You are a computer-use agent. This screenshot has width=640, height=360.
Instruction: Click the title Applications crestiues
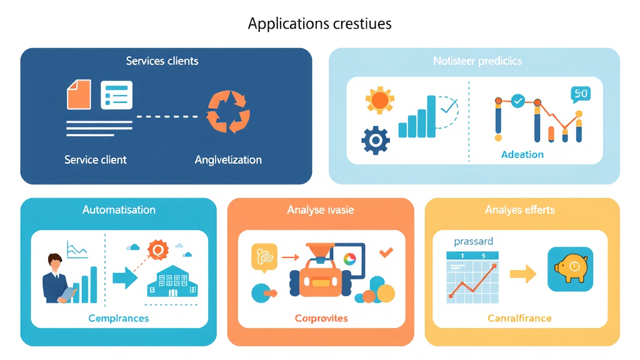(x=319, y=24)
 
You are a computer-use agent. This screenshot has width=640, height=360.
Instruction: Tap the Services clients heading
(x=162, y=61)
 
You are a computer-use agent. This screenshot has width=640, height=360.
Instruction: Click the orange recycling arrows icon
(x=228, y=112)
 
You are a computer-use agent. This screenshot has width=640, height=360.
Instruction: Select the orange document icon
(x=79, y=96)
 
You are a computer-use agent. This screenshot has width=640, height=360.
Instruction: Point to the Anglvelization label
(x=228, y=159)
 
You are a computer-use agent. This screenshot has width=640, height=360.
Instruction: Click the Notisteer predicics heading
(x=477, y=61)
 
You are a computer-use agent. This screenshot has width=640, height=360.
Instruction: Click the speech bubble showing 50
(x=580, y=94)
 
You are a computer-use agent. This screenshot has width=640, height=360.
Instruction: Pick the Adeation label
(x=522, y=154)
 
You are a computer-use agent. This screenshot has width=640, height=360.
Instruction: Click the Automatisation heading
(x=119, y=210)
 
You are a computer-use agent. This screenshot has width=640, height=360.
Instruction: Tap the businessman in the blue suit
(x=56, y=277)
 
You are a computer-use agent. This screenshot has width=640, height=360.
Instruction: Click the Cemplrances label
(x=119, y=318)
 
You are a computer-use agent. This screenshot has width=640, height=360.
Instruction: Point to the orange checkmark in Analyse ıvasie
(x=386, y=252)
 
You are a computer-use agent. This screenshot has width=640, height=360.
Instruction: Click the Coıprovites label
(x=321, y=318)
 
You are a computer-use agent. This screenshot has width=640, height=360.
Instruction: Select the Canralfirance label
(x=519, y=318)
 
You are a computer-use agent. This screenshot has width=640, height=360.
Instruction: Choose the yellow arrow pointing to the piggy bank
(x=522, y=273)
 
